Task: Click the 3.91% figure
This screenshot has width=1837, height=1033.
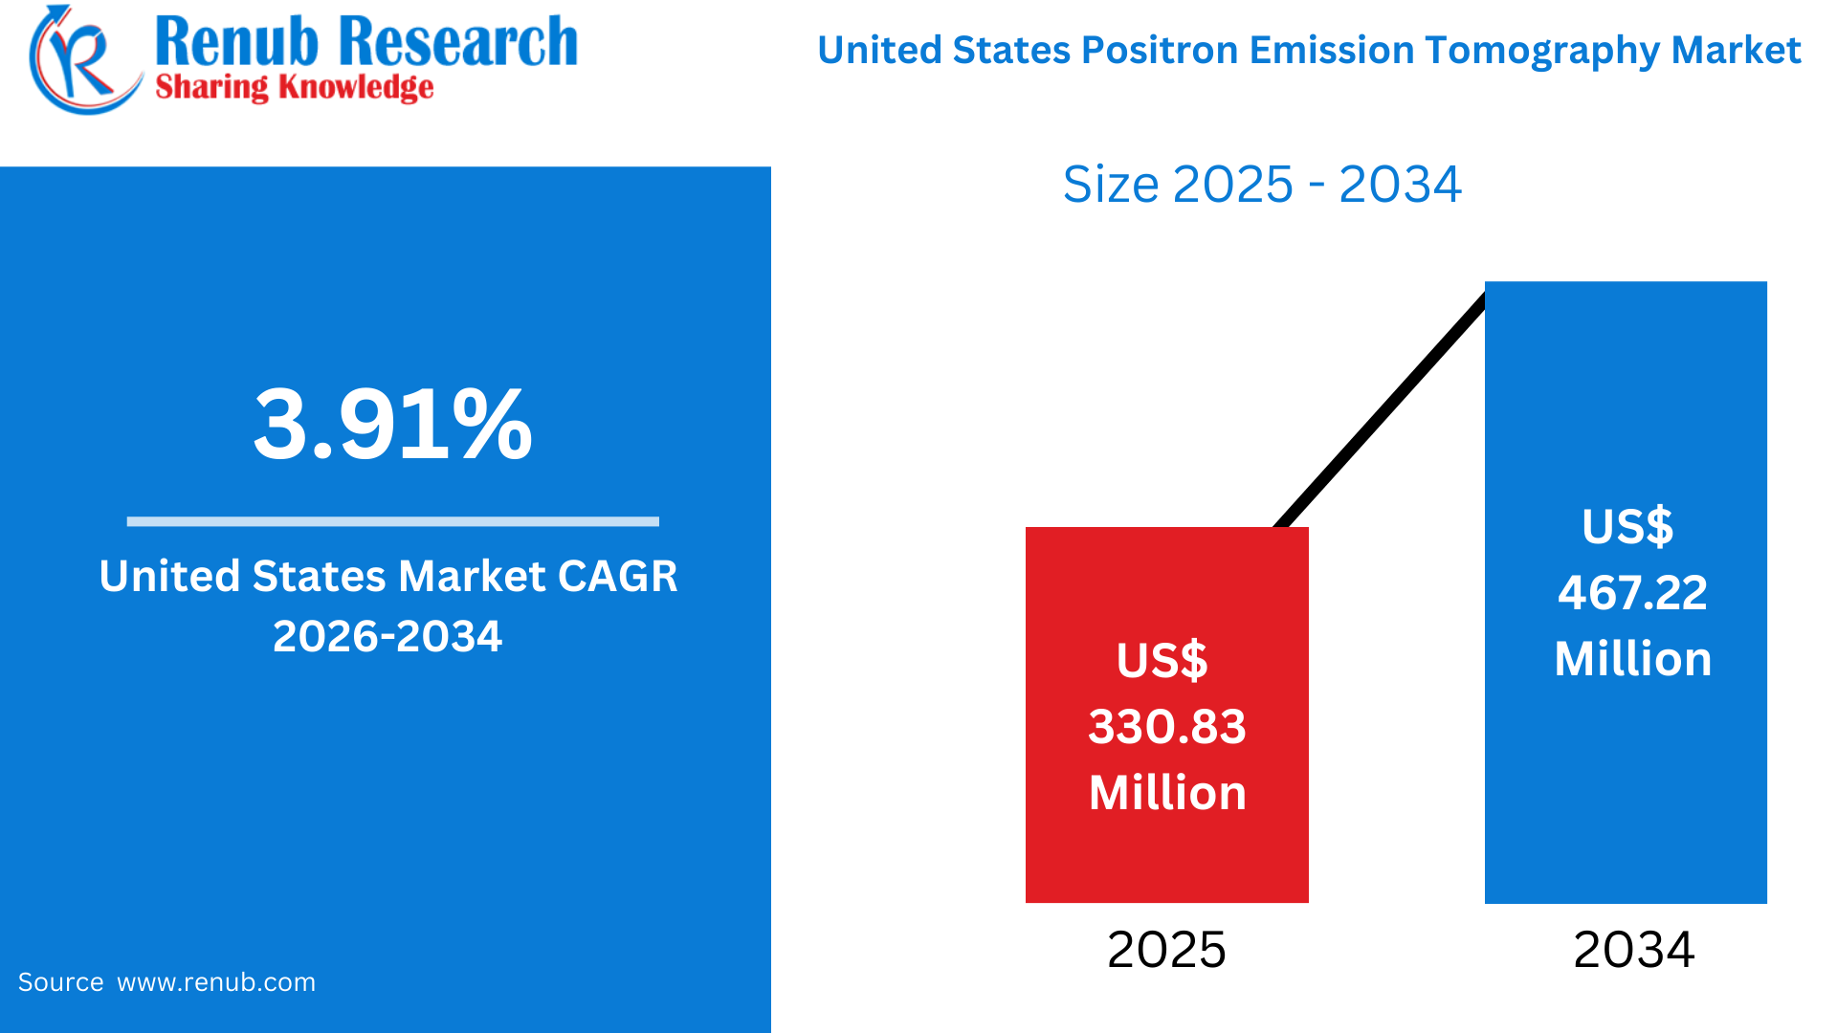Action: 392,424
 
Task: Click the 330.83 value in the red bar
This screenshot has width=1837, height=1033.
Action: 1166,727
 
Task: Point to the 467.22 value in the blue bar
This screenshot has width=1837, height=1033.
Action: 1632,593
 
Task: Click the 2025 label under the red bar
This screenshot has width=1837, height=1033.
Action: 1166,950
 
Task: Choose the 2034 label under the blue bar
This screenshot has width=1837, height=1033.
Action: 1633,950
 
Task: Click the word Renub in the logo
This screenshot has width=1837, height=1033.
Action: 236,43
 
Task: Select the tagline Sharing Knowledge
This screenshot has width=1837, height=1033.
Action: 294,88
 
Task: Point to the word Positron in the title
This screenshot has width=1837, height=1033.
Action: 1159,51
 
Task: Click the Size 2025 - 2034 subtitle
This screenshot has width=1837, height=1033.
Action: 1262,184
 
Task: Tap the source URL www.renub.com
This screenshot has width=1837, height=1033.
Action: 216,982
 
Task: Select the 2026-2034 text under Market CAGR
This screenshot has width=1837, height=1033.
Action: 387,637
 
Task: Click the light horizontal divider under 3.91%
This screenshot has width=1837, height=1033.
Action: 392,521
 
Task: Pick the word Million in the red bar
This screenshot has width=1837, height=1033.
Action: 1167,793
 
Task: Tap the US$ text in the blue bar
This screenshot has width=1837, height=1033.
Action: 1627,527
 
